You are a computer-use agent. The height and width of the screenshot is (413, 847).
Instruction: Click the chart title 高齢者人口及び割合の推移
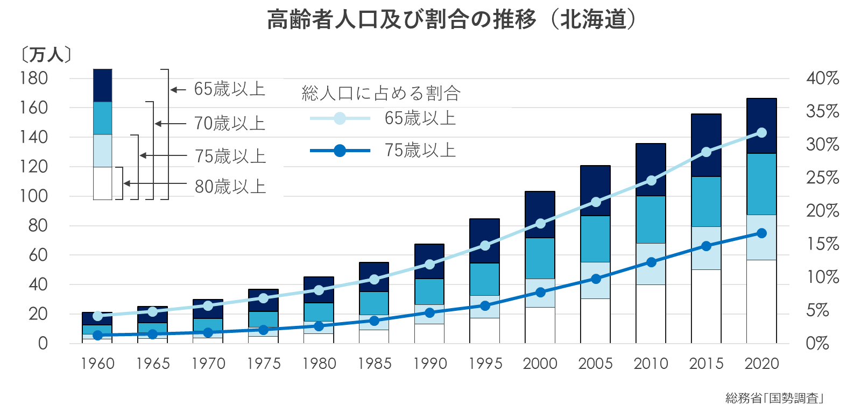point(401,20)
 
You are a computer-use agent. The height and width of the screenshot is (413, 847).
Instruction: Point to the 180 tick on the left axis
point(33,79)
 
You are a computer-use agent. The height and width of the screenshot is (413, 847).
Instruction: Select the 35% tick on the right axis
point(822,111)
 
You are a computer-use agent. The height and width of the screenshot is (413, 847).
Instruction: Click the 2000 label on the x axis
point(540,364)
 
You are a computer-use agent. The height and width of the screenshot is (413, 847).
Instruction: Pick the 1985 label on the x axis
point(374,364)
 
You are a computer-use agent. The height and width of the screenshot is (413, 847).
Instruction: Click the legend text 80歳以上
point(230,187)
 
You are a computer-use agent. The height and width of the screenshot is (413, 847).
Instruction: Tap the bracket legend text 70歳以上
point(230,124)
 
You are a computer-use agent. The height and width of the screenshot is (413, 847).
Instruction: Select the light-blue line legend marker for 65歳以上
point(340,118)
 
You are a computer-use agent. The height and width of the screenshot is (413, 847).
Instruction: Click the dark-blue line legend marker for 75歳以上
point(340,151)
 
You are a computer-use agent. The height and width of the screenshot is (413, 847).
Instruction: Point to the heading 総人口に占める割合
point(381,94)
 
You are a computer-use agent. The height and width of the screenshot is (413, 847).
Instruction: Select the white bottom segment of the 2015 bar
point(706,307)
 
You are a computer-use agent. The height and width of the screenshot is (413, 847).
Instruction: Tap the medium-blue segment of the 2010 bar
point(651,219)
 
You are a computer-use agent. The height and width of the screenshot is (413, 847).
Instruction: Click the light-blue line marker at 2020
point(761,133)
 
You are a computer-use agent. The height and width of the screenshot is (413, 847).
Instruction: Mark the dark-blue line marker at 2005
point(596,279)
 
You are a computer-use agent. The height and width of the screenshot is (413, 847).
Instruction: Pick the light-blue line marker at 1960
point(98,316)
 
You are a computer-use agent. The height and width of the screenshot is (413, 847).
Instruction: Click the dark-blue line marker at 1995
point(485,305)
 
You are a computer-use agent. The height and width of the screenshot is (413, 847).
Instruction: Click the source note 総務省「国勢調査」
point(775,398)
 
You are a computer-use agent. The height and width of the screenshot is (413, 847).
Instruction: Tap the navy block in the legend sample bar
point(102,85)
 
